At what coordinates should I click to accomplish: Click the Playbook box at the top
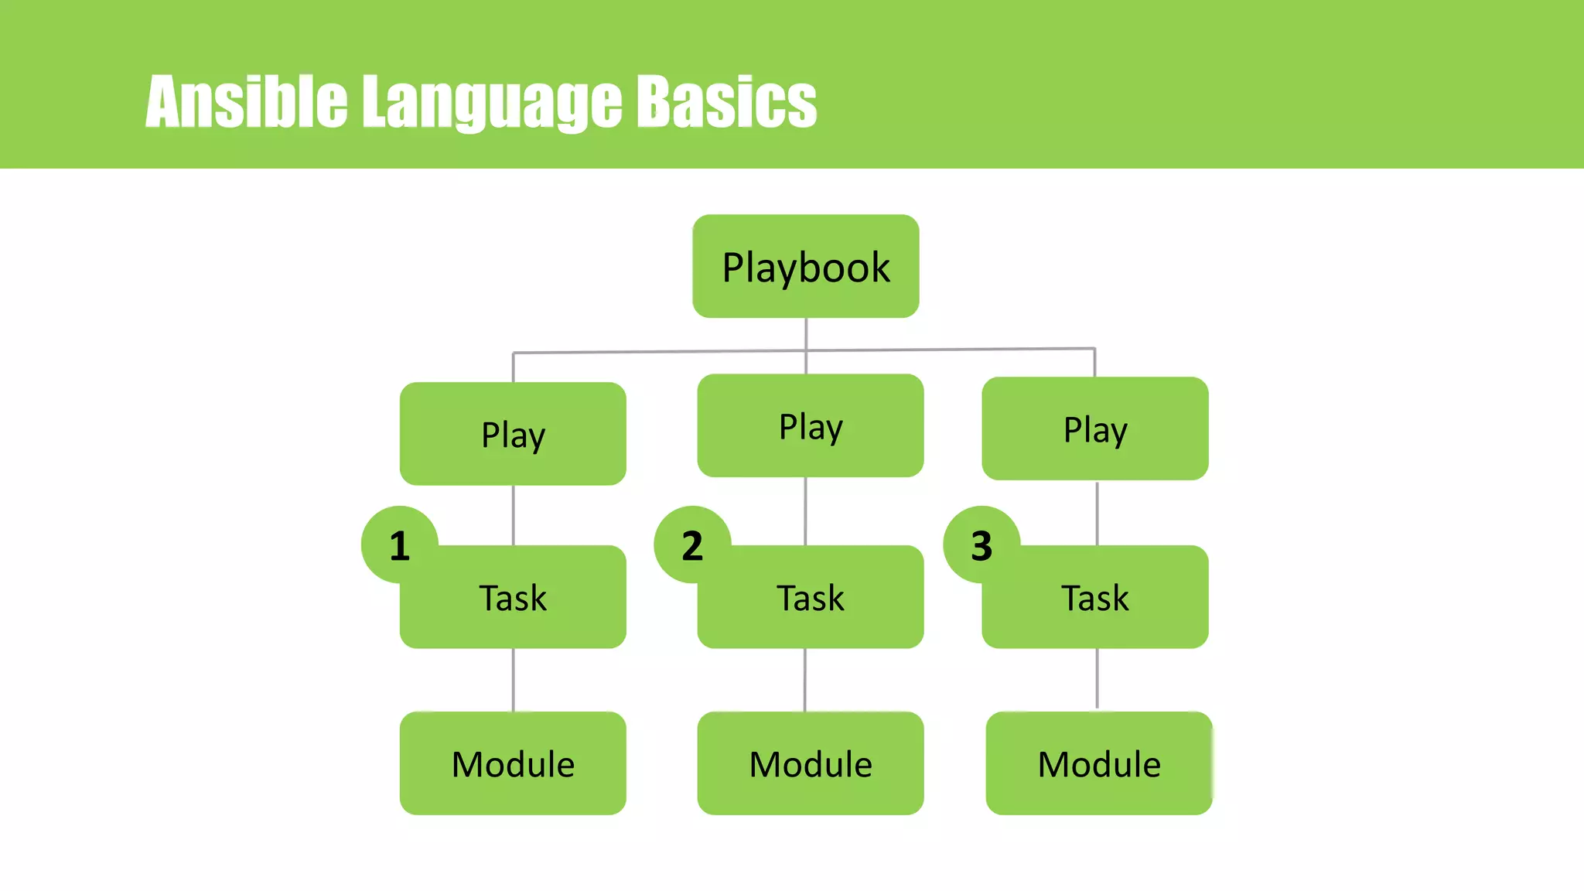pos(805,266)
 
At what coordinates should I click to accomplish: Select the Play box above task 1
pos(513,434)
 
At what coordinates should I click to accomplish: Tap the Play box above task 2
pos(810,425)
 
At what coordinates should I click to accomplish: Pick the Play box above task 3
pos(1094,428)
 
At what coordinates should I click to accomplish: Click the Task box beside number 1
pos(513,597)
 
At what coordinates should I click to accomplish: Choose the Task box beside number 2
pos(810,597)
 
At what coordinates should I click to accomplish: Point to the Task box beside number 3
pos(1094,597)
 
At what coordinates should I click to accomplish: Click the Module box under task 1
pos(513,763)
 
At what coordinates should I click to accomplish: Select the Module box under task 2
pos(810,763)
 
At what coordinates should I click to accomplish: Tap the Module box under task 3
pos(1098,763)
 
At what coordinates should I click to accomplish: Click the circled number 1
pos(399,545)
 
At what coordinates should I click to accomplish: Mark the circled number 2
pos(691,545)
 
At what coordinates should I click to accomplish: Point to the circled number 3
pos(981,545)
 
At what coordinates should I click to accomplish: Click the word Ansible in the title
pos(246,101)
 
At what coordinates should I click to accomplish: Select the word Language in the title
pos(492,101)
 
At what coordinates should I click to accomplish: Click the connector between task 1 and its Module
pos(513,680)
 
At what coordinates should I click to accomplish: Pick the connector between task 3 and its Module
pos(1097,678)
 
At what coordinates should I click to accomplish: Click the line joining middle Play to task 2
pos(805,511)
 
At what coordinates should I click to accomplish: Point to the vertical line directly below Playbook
pos(806,333)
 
